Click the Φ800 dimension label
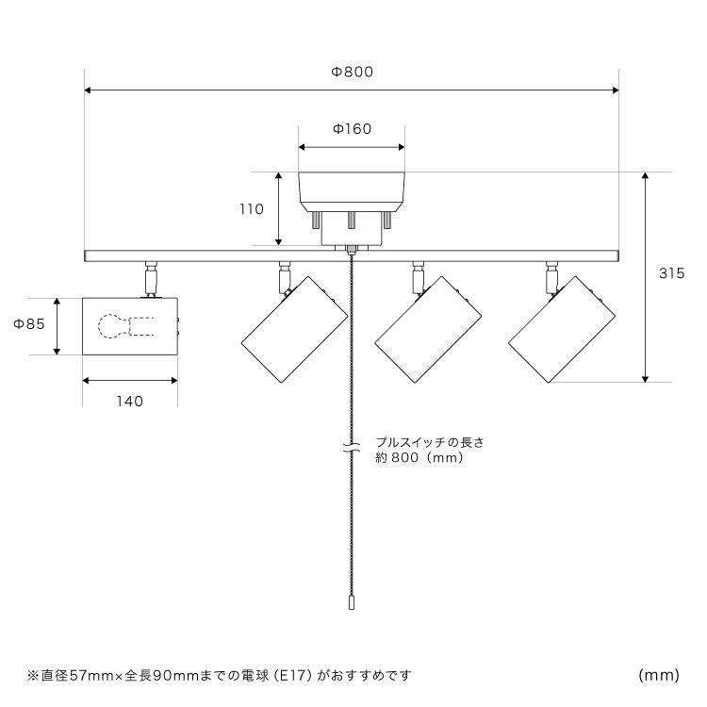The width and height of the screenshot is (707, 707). (353, 72)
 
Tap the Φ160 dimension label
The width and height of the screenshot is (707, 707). (352, 129)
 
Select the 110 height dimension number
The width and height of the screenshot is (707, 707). (251, 209)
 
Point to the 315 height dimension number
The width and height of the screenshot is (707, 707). (671, 273)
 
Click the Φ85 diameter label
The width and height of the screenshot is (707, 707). (29, 323)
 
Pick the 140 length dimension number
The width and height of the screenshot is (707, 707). (130, 401)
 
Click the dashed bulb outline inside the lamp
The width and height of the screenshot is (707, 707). (126, 326)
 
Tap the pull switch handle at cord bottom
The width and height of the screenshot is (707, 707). (352, 603)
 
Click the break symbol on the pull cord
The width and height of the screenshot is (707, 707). (352, 447)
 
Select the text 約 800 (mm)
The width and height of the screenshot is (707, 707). (419, 457)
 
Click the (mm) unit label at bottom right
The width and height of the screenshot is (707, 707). (659, 675)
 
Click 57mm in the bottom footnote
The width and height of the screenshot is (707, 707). (91, 675)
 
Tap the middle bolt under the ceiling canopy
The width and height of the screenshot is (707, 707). (351, 220)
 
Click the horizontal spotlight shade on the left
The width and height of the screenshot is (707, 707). (130, 326)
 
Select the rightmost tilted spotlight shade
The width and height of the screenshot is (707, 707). (562, 330)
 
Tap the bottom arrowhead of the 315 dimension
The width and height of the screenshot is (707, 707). (645, 379)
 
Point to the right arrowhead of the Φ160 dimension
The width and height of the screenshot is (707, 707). (402, 147)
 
